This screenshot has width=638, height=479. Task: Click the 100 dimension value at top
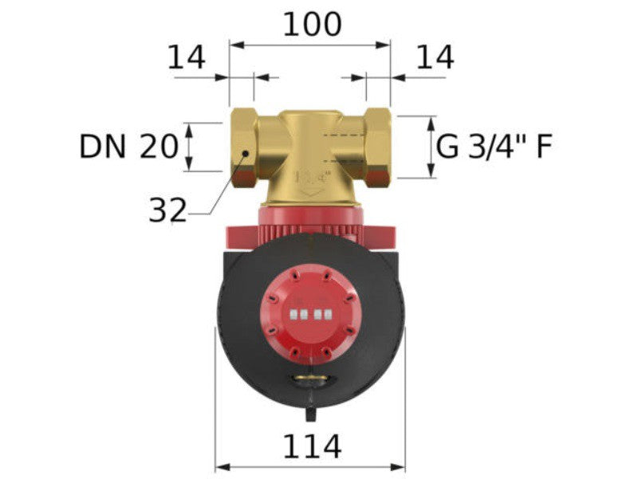(312, 25)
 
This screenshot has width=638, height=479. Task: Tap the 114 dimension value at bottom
(312, 446)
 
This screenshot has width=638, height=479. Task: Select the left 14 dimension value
(187, 57)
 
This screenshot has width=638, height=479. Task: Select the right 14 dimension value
(435, 57)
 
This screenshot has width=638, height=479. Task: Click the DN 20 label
(128, 147)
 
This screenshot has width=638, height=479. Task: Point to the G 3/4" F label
(494, 147)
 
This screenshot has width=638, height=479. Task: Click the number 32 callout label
(167, 210)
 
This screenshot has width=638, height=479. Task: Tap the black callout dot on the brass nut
(246, 153)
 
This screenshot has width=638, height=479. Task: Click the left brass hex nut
(244, 147)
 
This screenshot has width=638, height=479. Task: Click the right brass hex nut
(378, 147)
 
